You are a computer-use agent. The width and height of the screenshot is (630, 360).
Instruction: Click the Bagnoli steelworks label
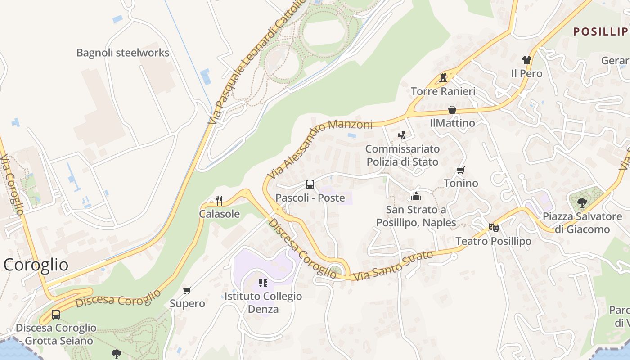point(122,53)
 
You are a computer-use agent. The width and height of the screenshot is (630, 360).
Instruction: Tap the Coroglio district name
point(36,265)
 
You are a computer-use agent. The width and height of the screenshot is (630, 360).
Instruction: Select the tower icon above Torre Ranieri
point(443,77)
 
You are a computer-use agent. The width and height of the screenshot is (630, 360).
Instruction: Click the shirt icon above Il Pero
point(526,60)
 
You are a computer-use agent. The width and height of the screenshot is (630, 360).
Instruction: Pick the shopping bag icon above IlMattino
point(452,110)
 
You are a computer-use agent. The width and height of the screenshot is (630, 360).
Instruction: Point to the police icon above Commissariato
point(402,135)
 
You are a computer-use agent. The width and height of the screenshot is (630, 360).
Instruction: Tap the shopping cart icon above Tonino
point(460,170)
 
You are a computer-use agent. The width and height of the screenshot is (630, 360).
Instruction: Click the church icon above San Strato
point(416,197)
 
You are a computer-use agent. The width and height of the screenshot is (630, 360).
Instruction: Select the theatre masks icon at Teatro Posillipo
point(494,228)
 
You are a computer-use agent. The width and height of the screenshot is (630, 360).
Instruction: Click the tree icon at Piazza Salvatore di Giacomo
point(582,202)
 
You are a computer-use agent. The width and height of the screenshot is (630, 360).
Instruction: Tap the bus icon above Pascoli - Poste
point(310,184)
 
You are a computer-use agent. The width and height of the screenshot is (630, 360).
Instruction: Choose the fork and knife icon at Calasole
point(219,200)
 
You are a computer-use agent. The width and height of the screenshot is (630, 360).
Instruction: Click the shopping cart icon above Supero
point(187,290)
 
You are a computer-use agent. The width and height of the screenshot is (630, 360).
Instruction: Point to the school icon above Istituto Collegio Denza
point(263,283)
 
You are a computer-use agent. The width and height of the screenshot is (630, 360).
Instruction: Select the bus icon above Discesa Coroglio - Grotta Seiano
point(56,315)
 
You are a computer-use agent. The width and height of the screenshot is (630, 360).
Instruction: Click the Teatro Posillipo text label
point(493,241)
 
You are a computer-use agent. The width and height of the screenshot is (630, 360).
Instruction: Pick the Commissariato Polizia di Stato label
point(402,155)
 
